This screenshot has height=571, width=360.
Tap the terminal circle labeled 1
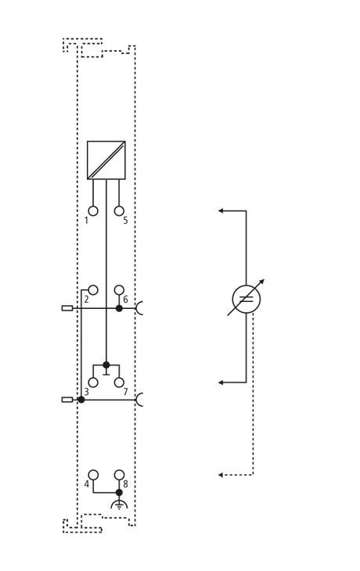click(93, 211)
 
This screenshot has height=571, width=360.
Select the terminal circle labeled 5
click(119, 211)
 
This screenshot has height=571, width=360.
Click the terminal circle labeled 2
click(93, 290)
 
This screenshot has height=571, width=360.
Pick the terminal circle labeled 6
click(119, 290)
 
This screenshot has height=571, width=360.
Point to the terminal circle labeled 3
click(93, 382)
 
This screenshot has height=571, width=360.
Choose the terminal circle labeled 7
click(119, 382)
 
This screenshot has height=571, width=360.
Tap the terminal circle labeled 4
click(93, 475)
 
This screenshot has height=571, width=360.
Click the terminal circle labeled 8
click(119, 475)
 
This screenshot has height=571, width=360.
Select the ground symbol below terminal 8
click(119, 505)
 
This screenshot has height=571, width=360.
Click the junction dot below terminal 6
click(119, 308)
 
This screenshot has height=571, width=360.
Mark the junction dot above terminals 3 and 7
click(106, 365)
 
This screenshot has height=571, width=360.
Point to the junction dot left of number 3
click(81, 400)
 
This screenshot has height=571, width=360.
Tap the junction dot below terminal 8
click(119, 492)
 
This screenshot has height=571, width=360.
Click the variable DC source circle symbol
click(247, 299)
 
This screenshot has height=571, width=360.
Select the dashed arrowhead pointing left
click(221, 475)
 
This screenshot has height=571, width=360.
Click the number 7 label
click(125, 392)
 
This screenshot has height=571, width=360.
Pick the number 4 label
click(86, 484)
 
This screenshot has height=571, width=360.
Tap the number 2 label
click(86, 300)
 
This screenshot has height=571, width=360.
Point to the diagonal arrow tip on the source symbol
click(265, 280)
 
